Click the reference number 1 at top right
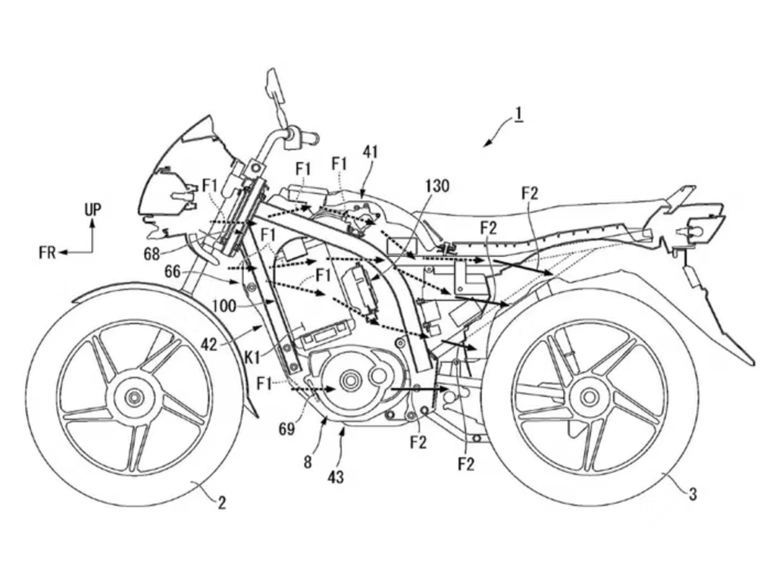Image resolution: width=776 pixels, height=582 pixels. [518, 115]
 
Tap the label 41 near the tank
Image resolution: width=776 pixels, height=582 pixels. [371, 152]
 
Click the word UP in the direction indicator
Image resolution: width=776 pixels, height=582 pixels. [92, 208]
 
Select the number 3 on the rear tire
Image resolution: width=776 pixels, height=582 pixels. [693, 496]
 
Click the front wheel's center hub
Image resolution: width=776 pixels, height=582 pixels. [135, 396]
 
